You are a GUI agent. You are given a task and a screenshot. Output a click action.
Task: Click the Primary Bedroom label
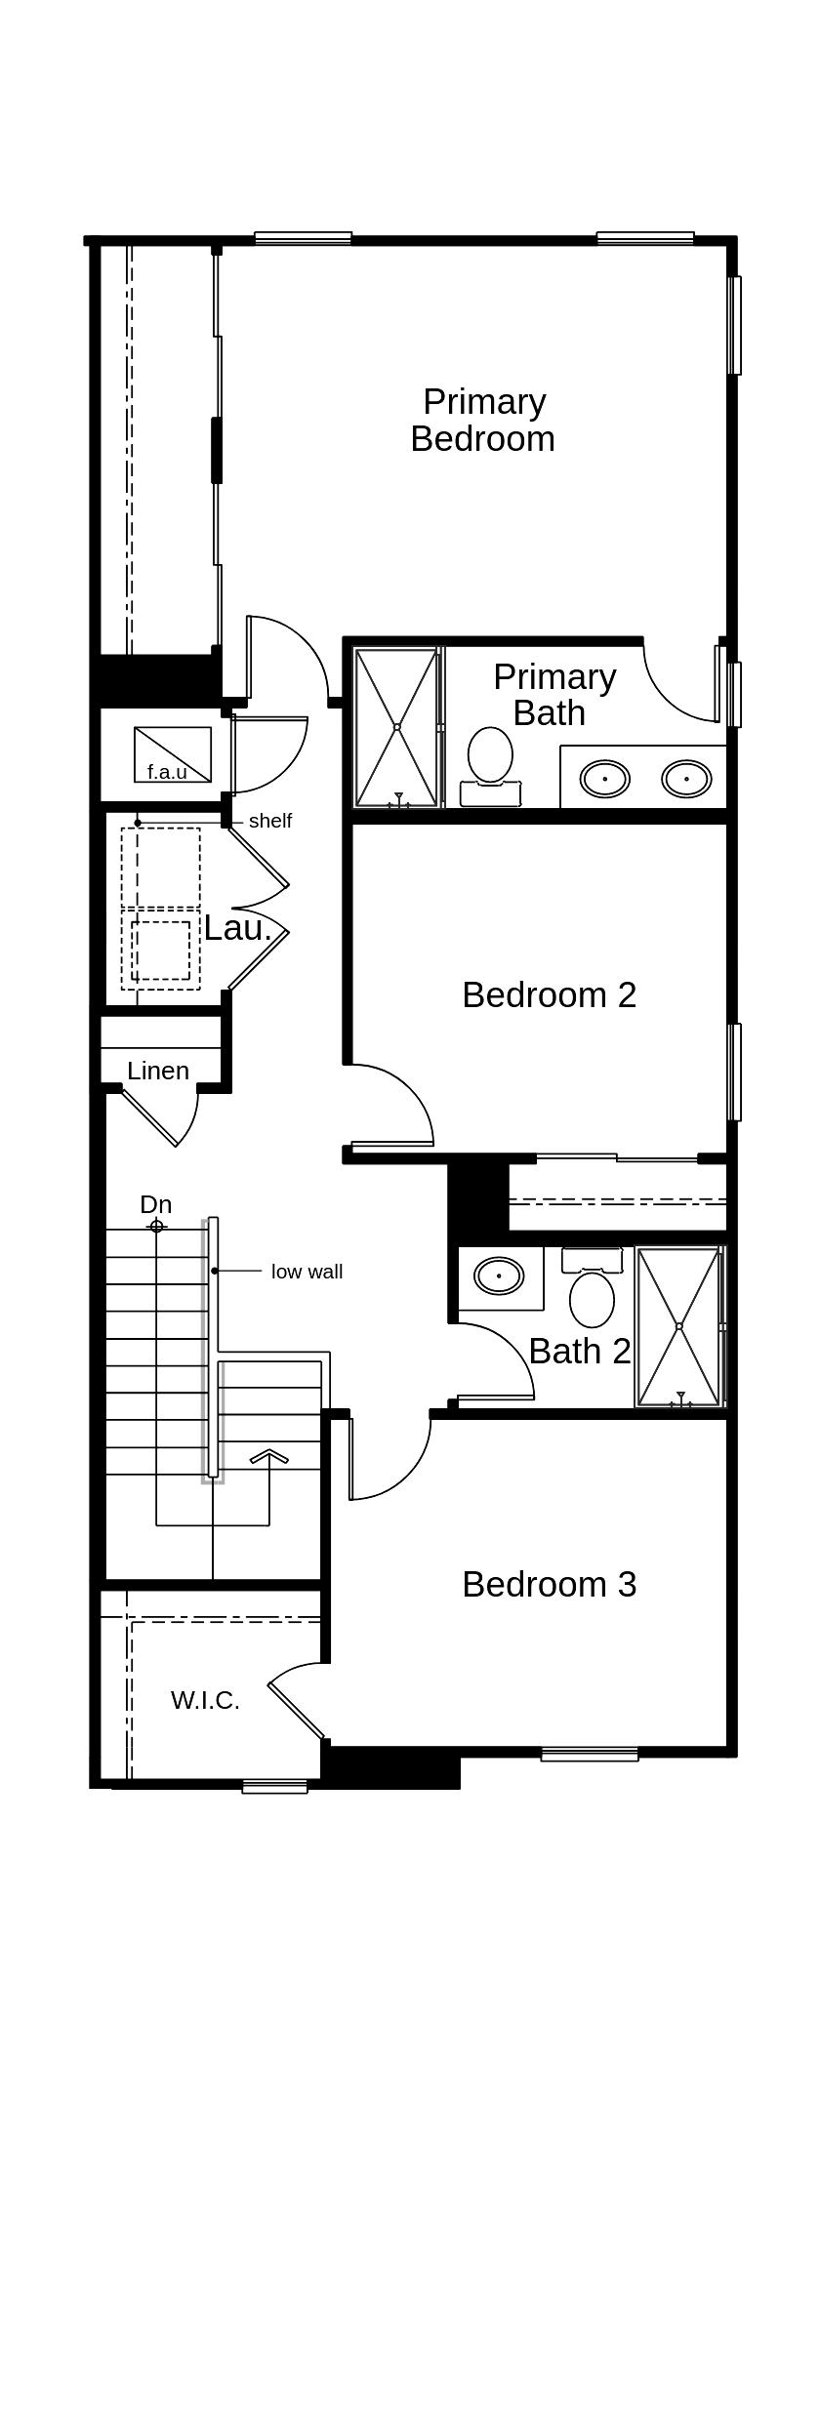(x=482, y=420)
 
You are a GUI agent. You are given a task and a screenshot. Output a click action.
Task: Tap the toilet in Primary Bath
(x=490, y=767)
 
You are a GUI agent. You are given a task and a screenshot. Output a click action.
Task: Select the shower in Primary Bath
(x=396, y=727)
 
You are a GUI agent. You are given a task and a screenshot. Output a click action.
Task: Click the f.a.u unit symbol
(x=173, y=754)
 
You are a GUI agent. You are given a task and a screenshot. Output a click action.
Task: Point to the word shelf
(x=270, y=821)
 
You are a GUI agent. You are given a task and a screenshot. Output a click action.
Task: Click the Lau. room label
(x=237, y=928)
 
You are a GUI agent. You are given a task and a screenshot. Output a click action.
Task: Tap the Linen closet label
(x=158, y=1071)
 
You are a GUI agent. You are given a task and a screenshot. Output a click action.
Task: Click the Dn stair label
(x=156, y=1204)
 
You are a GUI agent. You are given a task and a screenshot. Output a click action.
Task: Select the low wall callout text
(x=307, y=1272)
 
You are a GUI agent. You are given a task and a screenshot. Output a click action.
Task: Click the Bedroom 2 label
(x=550, y=994)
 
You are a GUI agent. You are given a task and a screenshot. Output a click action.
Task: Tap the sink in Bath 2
(x=499, y=1276)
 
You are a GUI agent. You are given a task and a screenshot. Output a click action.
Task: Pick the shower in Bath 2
(x=679, y=1326)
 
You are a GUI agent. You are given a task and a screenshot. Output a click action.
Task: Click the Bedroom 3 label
(x=550, y=1584)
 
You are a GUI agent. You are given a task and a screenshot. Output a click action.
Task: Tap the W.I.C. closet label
(x=205, y=1700)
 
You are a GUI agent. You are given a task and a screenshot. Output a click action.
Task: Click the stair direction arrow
(x=269, y=1457)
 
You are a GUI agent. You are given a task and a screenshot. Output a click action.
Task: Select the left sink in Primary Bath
(x=605, y=779)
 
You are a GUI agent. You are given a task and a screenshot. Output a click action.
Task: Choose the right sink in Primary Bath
(x=686, y=779)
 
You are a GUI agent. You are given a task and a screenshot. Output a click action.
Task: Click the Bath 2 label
(x=580, y=1351)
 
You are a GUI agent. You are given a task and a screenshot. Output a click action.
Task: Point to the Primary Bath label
(x=554, y=695)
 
